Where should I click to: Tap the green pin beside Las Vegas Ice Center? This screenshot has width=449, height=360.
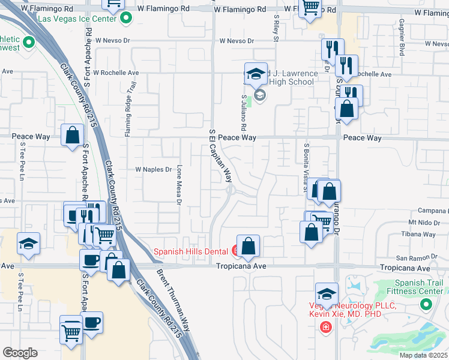(x=126, y=19)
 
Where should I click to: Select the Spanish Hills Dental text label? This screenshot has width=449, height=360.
(x=192, y=251)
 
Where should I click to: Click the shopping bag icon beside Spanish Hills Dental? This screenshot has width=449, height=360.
(x=248, y=245)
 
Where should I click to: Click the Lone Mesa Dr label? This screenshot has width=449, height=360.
(x=179, y=184)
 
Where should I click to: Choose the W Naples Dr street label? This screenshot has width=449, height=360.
(x=154, y=170)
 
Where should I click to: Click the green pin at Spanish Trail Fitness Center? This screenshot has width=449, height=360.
(x=426, y=304)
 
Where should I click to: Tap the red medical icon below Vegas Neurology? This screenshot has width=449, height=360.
(x=325, y=327)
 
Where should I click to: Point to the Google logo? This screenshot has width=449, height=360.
(x=20, y=353)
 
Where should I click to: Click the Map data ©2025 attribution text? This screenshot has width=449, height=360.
(x=423, y=355)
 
